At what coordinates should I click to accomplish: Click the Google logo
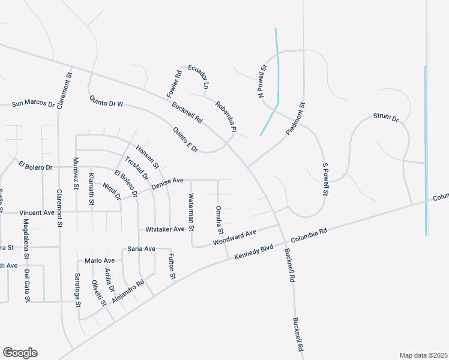coord(20,353)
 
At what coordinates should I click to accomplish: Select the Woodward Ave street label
coord(235,237)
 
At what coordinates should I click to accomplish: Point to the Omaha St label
coord(220,220)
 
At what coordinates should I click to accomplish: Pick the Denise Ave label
coord(167,181)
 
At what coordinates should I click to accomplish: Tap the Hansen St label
coord(147,157)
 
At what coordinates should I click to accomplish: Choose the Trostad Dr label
coord(136,168)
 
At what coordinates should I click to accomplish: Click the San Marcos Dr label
coord(33,104)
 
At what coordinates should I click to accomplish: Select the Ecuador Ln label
coord(198,77)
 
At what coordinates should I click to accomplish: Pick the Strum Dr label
coord(386,117)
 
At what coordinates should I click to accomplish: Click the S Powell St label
coord(325,179)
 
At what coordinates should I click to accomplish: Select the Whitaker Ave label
coord(165,230)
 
